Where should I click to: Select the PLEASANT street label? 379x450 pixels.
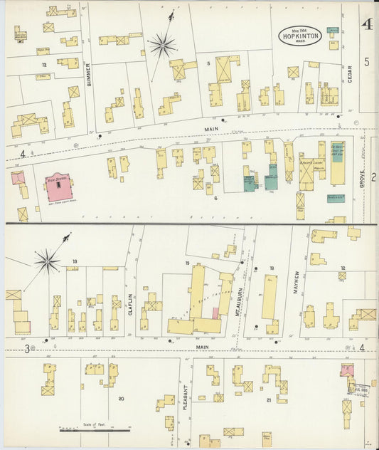click(186, 399)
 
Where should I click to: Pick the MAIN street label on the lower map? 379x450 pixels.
click(203, 347)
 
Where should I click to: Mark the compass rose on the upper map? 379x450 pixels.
click(162, 46)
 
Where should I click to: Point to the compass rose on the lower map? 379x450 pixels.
click(48, 262)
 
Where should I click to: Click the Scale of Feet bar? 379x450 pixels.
click(95, 430)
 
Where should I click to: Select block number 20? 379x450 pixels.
click(121, 398)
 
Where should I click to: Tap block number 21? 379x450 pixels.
click(268, 400)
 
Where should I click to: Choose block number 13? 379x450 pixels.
click(74, 261)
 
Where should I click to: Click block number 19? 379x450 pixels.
click(188, 263)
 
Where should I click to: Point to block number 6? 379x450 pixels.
click(215, 197)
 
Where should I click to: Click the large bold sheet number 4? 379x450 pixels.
click(367, 25)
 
